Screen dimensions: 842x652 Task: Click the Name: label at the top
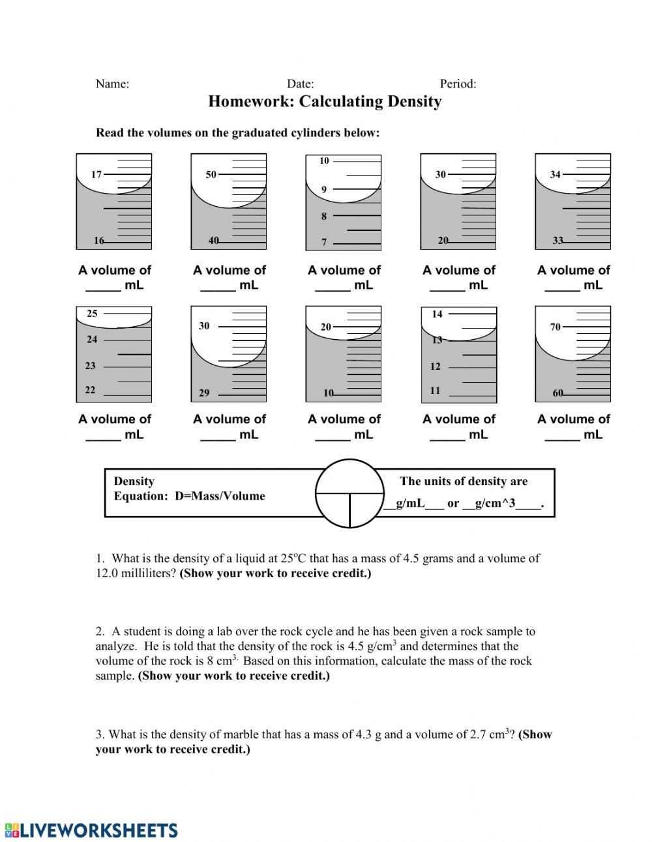(x=112, y=83)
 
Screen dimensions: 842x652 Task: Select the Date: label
(x=300, y=83)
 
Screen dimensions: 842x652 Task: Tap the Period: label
(x=458, y=83)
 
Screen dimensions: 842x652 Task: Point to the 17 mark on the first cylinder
(x=96, y=174)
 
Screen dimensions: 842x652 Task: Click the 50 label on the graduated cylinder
(x=211, y=174)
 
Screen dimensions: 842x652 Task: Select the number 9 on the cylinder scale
(x=324, y=189)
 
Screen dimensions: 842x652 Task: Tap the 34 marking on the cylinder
(x=555, y=174)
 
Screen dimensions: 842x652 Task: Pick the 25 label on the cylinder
(x=92, y=314)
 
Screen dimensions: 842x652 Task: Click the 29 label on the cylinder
(x=204, y=393)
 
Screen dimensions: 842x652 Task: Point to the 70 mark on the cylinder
(x=555, y=327)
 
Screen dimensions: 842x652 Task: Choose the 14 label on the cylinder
(x=437, y=314)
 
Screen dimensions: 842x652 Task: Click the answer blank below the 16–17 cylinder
(x=103, y=286)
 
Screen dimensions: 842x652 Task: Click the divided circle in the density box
(x=349, y=494)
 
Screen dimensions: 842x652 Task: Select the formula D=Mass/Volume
(x=220, y=496)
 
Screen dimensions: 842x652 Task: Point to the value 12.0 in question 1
(x=107, y=574)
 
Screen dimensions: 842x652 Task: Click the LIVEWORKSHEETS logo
(x=91, y=830)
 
